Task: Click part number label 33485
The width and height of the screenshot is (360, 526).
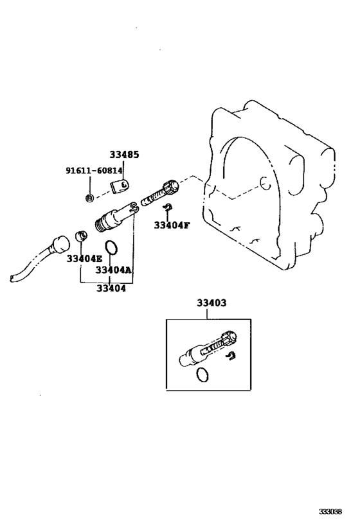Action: click(x=124, y=155)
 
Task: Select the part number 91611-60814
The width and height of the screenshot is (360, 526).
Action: click(x=94, y=171)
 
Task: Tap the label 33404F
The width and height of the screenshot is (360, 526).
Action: click(x=172, y=225)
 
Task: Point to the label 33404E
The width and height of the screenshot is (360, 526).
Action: click(x=84, y=259)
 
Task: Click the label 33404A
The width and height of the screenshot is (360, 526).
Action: click(x=114, y=270)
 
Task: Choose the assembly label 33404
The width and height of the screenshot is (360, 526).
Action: click(x=111, y=288)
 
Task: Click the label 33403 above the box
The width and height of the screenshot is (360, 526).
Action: click(x=212, y=303)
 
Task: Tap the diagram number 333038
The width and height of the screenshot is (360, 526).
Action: click(x=330, y=512)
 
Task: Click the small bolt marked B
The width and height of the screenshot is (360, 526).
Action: click(x=89, y=198)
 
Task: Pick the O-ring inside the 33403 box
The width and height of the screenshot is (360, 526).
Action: click(x=202, y=374)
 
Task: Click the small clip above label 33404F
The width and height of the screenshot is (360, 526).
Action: click(x=168, y=207)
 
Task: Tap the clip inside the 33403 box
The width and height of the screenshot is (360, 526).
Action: click(x=231, y=356)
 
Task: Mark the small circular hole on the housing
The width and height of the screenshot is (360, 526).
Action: click(x=265, y=183)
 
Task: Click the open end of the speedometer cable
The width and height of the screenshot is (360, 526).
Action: click(x=13, y=278)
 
